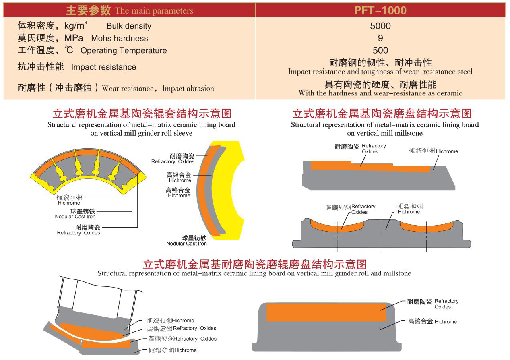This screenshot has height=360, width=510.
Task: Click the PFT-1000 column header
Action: pyautogui.click(x=380, y=10)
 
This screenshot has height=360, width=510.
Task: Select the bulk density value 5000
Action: pyautogui.click(x=380, y=26)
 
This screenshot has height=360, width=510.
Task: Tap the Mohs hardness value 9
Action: pyautogui.click(x=380, y=38)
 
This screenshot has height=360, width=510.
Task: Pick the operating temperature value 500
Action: pyautogui.click(x=380, y=50)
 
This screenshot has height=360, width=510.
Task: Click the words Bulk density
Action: pyautogui.click(x=129, y=26)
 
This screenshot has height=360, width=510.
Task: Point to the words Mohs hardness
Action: pyautogui.click(x=120, y=39)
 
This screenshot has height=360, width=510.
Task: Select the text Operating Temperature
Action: pyautogui.click(x=124, y=51)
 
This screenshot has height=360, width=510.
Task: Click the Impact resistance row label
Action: pyautogui.click(x=103, y=67)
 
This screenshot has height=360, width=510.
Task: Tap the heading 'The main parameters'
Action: pyautogui.click(x=154, y=11)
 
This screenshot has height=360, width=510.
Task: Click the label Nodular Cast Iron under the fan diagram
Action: pyautogui.click(x=75, y=217)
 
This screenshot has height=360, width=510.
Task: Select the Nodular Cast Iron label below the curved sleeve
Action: pyautogui.click(x=186, y=244)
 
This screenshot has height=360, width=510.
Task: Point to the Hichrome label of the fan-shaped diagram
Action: pyautogui.click(x=69, y=203)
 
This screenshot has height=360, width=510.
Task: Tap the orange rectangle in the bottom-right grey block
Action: pyautogui.click(x=326, y=312)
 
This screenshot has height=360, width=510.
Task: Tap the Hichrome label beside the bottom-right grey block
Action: pyautogui.click(x=446, y=322)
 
